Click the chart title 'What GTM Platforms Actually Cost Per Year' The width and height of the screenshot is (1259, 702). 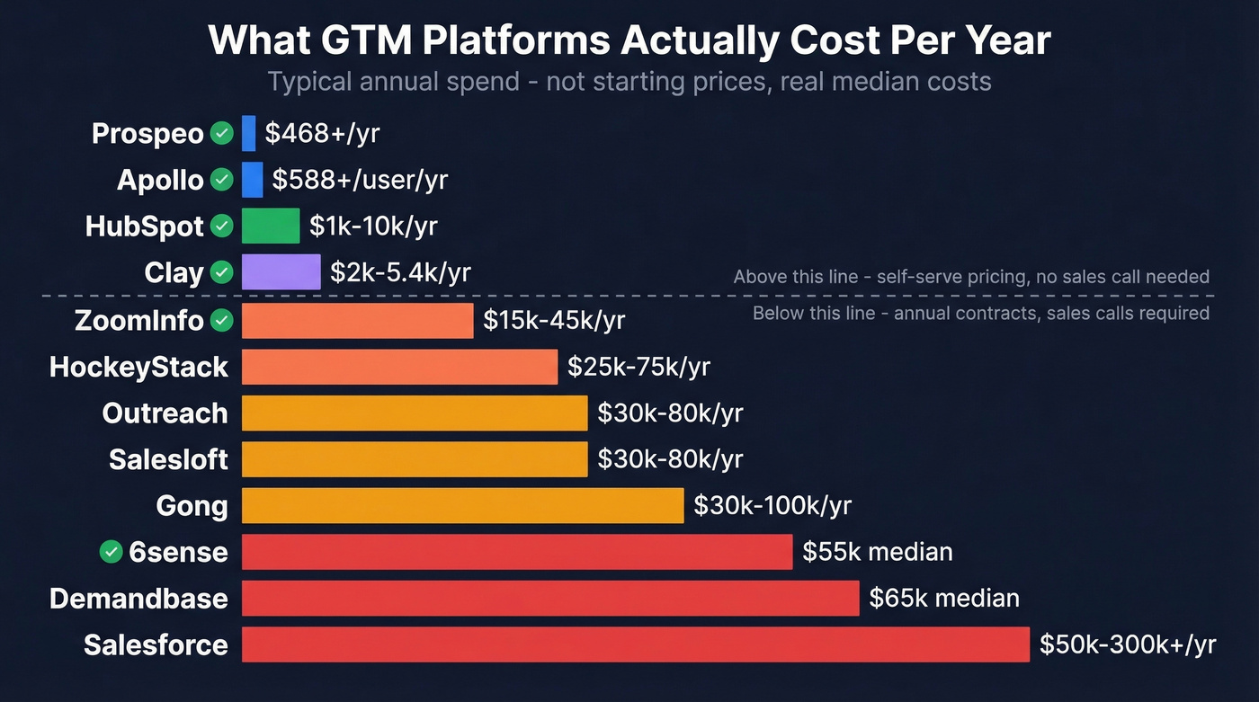629,40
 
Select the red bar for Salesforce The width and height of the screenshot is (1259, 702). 635,644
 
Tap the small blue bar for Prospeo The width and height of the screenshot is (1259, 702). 249,133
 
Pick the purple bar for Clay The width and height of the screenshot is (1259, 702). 281,271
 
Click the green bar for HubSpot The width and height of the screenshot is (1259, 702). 271,226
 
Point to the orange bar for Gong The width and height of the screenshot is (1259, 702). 462,505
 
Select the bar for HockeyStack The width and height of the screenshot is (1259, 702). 399,367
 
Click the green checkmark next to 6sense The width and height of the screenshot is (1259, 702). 111,552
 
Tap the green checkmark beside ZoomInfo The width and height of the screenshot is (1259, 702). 221,320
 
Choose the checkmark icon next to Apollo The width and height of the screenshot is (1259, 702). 221,180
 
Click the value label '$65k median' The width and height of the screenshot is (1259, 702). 944,598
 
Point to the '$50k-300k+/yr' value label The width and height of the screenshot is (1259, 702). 1128,644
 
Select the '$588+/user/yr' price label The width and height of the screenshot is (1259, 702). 360,180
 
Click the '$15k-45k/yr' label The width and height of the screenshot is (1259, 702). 554,320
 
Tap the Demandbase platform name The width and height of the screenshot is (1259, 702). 138,599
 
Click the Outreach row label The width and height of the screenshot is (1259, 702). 165,413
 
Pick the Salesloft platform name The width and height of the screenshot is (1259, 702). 168,460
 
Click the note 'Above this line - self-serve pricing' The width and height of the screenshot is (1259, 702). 971,277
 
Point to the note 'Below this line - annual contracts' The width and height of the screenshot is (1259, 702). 980,314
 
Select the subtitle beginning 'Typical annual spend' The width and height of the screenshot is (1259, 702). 629,82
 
